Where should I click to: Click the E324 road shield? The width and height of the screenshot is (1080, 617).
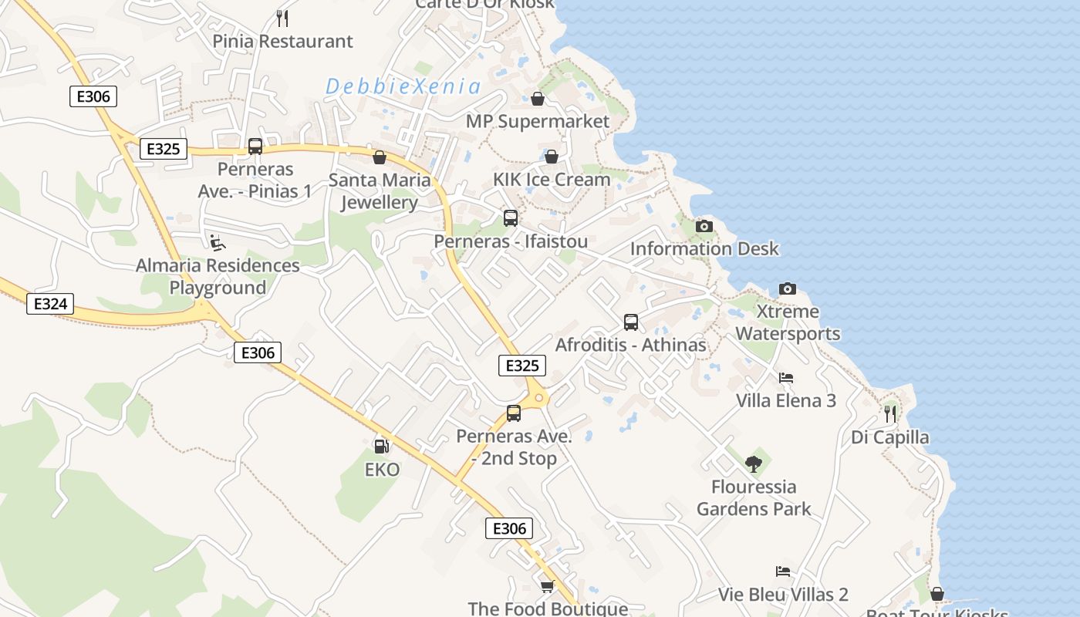point(51,304)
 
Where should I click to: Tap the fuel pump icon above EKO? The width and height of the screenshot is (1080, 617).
point(381,446)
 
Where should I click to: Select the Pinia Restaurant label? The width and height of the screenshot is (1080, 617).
point(282,41)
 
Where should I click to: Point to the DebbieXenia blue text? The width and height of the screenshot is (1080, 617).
point(403,86)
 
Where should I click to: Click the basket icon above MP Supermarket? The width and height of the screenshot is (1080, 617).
point(538,99)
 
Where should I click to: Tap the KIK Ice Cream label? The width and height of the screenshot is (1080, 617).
point(552,179)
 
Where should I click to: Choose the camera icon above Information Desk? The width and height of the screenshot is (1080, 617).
point(704,226)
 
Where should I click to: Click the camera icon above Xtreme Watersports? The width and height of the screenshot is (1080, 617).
point(788,288)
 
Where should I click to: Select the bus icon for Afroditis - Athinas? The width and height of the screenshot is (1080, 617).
point(631,322)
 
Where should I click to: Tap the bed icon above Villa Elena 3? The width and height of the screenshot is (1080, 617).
point(786,378)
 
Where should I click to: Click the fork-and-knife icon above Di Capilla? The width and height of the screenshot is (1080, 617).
point(890,413)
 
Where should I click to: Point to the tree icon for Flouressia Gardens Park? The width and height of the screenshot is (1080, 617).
point(754,464)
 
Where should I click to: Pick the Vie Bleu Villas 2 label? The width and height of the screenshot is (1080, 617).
point(783,595)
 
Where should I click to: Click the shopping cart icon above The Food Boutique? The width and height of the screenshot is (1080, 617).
point(548,586)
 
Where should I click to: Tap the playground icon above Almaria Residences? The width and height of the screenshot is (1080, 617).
point(218,243)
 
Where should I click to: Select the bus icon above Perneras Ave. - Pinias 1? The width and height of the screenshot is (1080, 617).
point(255,146)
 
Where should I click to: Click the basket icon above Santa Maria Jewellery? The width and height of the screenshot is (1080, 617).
point(380,157)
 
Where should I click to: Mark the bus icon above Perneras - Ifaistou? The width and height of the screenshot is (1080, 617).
point(511,218)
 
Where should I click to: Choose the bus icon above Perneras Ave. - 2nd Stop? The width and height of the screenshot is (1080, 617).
point(514,413)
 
